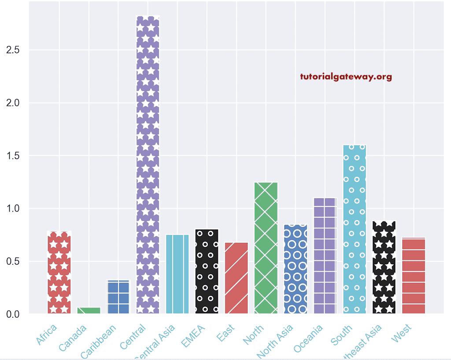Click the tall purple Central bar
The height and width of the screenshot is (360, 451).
click(x=148, y=165)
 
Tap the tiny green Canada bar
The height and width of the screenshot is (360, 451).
click(x=89, y=310)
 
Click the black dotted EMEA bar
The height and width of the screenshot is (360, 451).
click(x=207, y=271)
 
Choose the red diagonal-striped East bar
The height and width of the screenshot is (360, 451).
click(x=237, y=278)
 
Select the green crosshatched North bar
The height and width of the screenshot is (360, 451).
click(x=266, y=248)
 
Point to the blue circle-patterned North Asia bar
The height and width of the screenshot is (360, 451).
click(x=296, y=269)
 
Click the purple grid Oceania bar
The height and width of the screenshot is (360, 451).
click(x=325, y=256)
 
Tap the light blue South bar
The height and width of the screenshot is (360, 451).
click(x=355, y=229)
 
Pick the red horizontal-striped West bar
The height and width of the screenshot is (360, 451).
click(x=414, y=276)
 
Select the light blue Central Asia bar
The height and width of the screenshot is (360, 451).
click(x=177, y=274)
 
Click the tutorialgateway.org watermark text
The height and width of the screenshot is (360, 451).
click(x=346, y=77)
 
